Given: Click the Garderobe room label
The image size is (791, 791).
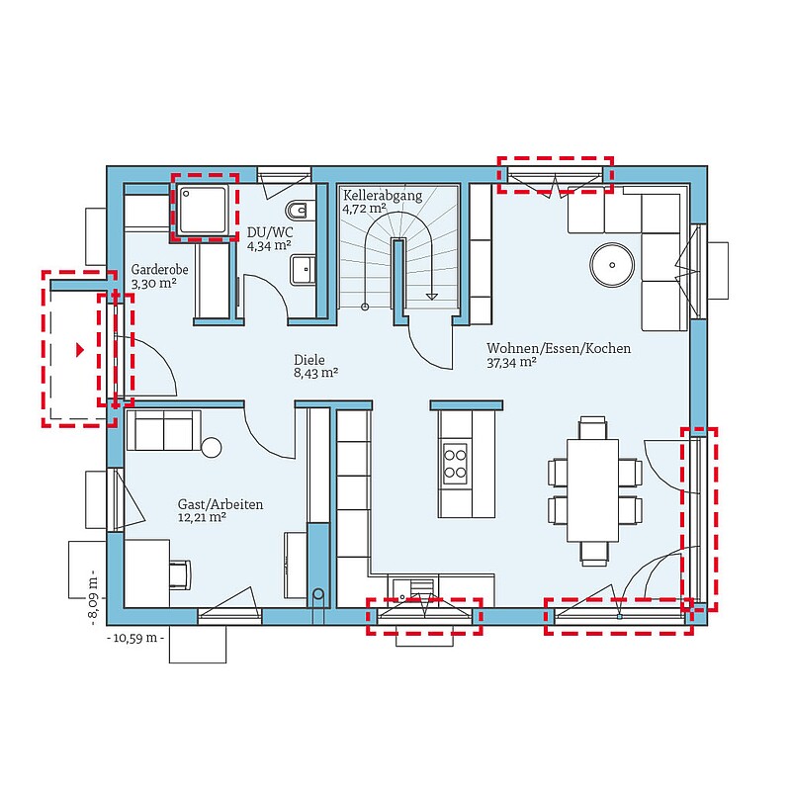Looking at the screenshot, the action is (159, 270).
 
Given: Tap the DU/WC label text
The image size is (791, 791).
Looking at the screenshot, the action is (270, 232).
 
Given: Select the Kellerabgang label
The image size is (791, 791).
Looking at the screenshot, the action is (383, 196).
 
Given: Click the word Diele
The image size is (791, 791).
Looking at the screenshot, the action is (309, 360).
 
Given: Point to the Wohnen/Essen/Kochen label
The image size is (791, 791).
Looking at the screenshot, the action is (559, 348).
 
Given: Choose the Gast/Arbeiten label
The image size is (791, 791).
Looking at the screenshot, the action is (220, 504).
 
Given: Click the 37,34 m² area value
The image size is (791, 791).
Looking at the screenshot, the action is (511, 362).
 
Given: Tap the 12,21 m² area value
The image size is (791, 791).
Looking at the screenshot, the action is (202, 517).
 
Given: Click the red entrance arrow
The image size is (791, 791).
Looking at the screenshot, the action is (80, 350).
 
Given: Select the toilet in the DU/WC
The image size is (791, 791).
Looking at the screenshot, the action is (300, 210).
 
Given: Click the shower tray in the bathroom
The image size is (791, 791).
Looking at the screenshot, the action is (203, 210).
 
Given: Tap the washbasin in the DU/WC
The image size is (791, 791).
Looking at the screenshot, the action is (303, 270).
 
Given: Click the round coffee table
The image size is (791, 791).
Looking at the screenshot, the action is (612, 265).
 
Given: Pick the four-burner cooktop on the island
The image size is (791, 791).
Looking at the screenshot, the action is (455, 464).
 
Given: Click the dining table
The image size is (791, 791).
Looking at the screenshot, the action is (592, 490).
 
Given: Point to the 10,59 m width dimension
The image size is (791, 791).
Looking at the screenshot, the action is (135, 638).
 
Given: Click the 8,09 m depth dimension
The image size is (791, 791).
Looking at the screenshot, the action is (94, 598).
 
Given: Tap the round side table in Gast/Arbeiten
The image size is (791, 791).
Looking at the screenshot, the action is (212, 448).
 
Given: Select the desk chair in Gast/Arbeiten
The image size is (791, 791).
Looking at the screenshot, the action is (180, 574).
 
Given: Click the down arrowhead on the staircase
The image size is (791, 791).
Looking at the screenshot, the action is (432, 296).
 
